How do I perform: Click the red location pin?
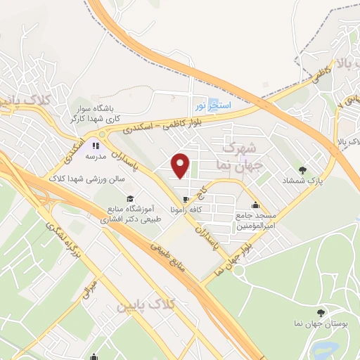tap(181, 165)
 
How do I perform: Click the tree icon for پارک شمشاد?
tap(302, 169)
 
